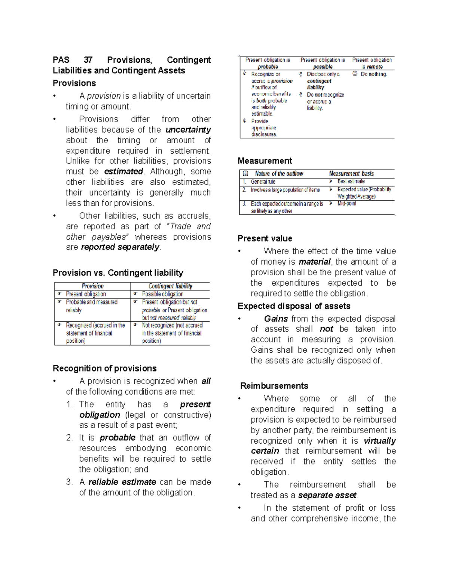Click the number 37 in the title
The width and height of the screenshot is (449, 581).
click(88, 60)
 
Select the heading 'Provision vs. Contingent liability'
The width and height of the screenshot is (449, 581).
click(118, 273)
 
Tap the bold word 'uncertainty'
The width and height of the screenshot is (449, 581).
click(188, 130)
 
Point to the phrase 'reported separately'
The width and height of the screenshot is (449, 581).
click(120, 247)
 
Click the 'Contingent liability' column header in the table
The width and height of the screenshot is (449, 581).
click(170, 286)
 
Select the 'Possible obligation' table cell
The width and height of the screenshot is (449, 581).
click(162, 294)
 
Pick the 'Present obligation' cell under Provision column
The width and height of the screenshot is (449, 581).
click(86, 294)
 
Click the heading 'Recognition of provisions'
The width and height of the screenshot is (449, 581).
click(105, 369)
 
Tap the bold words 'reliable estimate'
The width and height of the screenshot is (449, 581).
click(122, 482)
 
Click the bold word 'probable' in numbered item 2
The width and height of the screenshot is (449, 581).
click(117, 438)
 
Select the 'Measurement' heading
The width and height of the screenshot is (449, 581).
click(265, 161)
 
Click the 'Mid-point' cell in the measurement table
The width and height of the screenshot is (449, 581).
click(347, 204)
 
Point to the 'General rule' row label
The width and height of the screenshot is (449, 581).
click(263, 182)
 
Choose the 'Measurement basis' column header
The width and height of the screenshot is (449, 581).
click(351, 174)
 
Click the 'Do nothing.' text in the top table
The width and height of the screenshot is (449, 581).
click(374, 74)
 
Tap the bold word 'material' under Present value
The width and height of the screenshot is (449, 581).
click(314, 262)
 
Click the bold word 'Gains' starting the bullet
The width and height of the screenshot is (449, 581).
click(276, 319)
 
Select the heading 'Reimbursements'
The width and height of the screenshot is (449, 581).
click(274, 386)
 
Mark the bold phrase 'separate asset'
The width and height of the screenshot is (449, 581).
click(327, 495)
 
